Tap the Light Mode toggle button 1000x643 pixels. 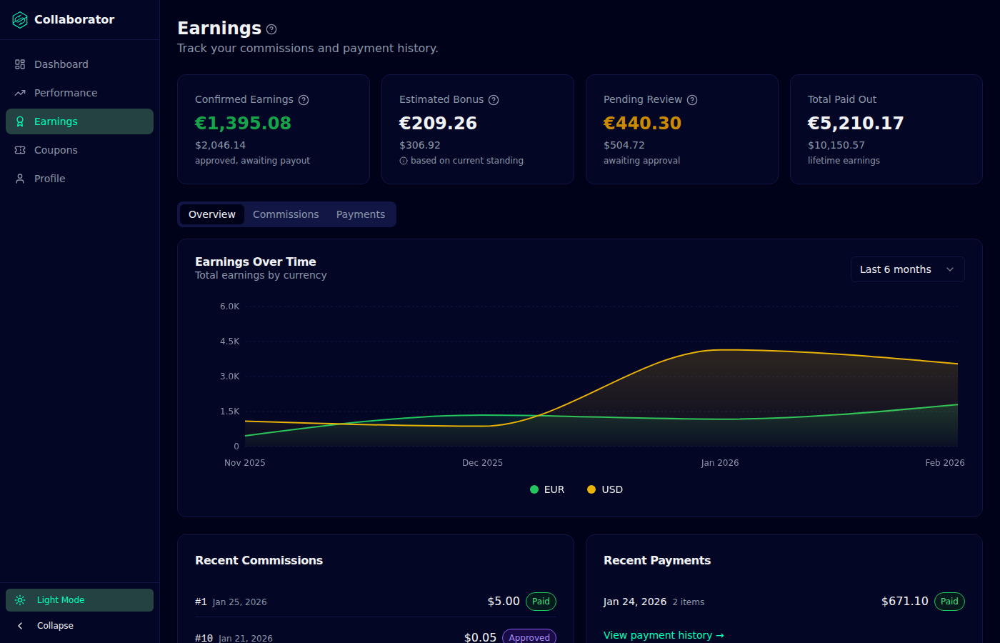pos(79,599)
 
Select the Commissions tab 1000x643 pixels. pos(286,214)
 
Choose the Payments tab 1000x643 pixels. pos(360,214)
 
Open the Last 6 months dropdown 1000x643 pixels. pos(907,269)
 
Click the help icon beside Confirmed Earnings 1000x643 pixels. pos(304,99)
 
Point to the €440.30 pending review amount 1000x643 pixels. pos(642,123)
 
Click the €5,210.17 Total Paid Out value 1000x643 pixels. pos(856,123)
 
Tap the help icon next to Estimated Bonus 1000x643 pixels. pos(494,99)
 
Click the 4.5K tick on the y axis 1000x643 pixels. pos(229,342)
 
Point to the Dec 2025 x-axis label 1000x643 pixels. pos(482,463)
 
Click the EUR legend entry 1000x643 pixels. pos(547,489)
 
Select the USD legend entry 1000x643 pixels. pos(605,489)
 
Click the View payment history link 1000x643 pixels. pos(664,635)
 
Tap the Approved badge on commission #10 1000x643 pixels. pos(529,637)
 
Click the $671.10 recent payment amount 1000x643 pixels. pos(904,602)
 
